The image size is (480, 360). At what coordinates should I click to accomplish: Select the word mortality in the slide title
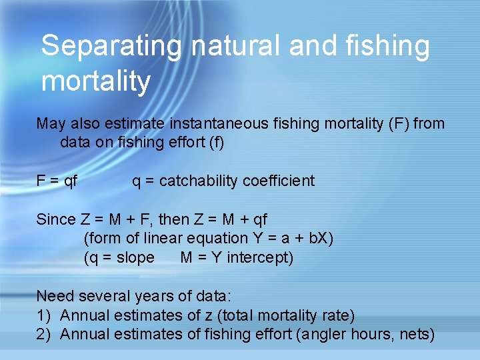pos(96,81)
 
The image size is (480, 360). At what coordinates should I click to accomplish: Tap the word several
pos(101,296)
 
